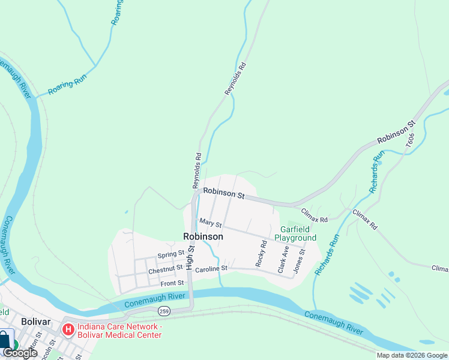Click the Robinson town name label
(203, 236)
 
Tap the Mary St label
(211, 224)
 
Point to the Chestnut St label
(165, 269)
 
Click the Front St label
(172, 283)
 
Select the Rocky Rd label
(261, 254)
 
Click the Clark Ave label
(282, 259)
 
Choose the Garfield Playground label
(295, 233)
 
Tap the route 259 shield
(163, 311)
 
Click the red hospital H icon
(68, 329)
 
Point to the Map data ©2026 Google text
(412, 355)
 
